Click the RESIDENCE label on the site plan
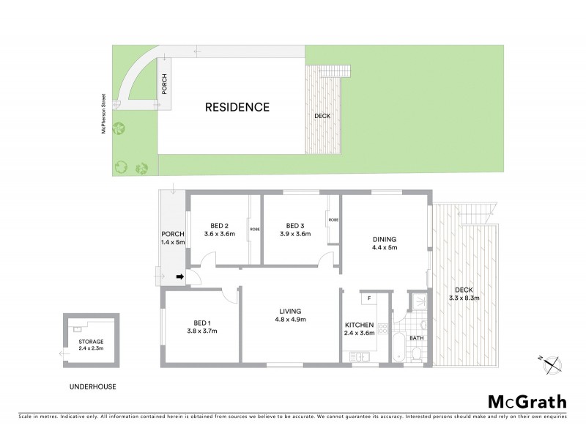pyautogui.click(x=237, y=107)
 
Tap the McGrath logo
pyautogui.click(x=527, y=401)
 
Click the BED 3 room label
pyautogui.click(x=294, y=225)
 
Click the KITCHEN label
pyautogui.click(x=360, y=325)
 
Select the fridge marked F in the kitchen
pyautogui.click(x=369, y=298)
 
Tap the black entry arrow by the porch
pyautogui.click(x=180, y=277)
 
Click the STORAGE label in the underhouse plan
pyautogui.click(x=92, y=342)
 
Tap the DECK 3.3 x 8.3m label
pyautogui.click(x=464, y=293)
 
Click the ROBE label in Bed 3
pyautogui.click(x=333, y=220)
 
